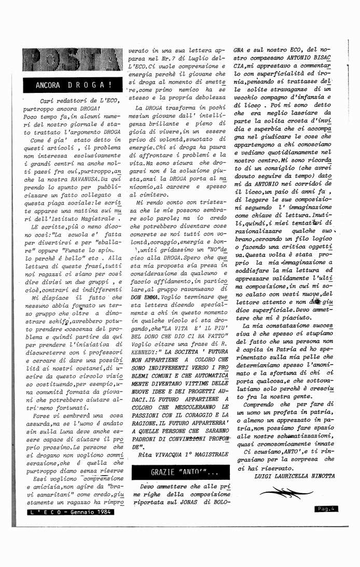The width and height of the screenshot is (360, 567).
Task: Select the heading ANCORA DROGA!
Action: (73, 85)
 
